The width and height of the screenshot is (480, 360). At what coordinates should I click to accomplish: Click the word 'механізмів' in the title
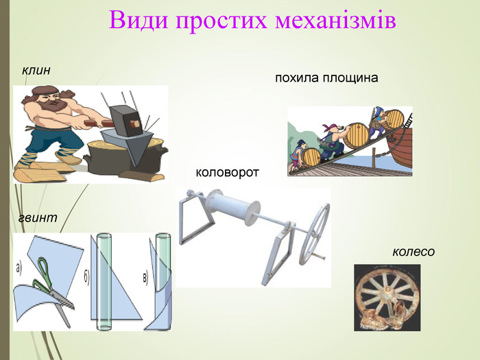[x=335, y=20]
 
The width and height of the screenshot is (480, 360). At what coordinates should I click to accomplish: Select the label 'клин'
[x=36, y=71]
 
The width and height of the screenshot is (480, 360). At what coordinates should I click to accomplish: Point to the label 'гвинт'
[x=38, y=217]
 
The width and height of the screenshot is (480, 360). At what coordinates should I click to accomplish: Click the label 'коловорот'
[x=227, y=172]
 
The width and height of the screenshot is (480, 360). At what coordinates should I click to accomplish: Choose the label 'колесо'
[x=413, y=252]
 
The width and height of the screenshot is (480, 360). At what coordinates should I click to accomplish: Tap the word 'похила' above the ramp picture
[x=297, y=77]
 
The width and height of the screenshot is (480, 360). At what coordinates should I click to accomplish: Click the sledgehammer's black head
[x=126, y=120]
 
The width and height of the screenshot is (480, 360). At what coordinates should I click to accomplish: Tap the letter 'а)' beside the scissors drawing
[x=19, y=269]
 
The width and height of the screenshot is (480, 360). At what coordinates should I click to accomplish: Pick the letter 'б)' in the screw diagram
[x=86, y=278]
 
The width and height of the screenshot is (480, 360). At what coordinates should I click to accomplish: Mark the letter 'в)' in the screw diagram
[x=145, y=278]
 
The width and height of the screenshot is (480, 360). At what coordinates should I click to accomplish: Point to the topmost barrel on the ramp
[x=394, y=119]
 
